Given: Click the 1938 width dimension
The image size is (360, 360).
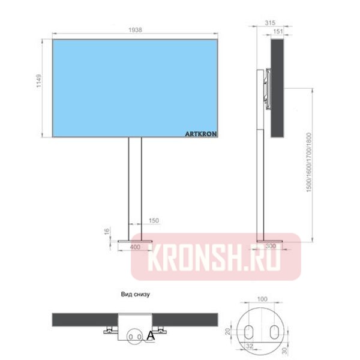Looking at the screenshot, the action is [x=135, y=30].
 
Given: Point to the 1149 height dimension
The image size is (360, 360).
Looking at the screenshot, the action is [x=39, y=80].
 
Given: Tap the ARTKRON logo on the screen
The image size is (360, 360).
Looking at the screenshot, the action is [x=200, y=134].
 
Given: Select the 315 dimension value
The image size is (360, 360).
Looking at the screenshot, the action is [x=270, y=23].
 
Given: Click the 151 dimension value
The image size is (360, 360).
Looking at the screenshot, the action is [x=278, y=31].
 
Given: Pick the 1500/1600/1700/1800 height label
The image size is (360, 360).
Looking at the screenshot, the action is [x=309, y=163].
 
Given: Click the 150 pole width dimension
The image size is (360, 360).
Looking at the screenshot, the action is [x=154, y=220].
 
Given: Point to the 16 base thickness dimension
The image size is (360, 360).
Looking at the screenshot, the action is [x=107, y=231].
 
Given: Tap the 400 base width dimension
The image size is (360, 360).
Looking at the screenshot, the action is [x=135, y=247].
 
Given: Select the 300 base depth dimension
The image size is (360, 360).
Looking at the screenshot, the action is [x=271, y=246].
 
